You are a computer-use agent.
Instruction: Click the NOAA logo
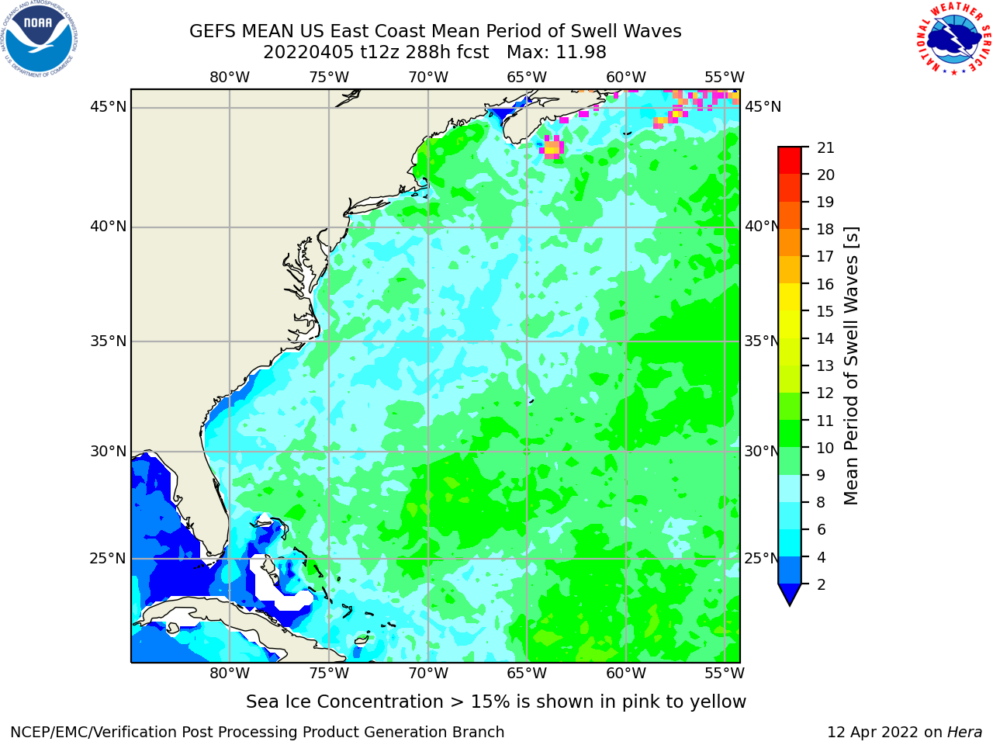[40, 39]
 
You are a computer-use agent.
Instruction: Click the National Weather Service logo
[953, 39]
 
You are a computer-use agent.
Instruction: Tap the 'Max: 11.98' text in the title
[556, 53]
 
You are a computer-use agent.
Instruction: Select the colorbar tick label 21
[825, 147]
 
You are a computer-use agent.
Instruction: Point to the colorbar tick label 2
[821, 584]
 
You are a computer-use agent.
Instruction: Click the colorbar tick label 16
[825, 284]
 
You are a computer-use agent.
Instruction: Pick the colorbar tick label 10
[825, 448]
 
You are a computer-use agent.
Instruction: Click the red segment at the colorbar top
[790, 161]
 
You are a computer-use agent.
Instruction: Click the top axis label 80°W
[230, 78]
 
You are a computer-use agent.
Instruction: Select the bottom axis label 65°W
[527, 673]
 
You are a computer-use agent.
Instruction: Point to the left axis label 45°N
[108, 107]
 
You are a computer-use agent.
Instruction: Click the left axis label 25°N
[108, 559]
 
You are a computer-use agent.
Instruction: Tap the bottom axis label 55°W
[725, 673]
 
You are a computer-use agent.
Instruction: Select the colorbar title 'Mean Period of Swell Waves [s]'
[851, 366]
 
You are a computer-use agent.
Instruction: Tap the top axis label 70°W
[428, 78]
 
